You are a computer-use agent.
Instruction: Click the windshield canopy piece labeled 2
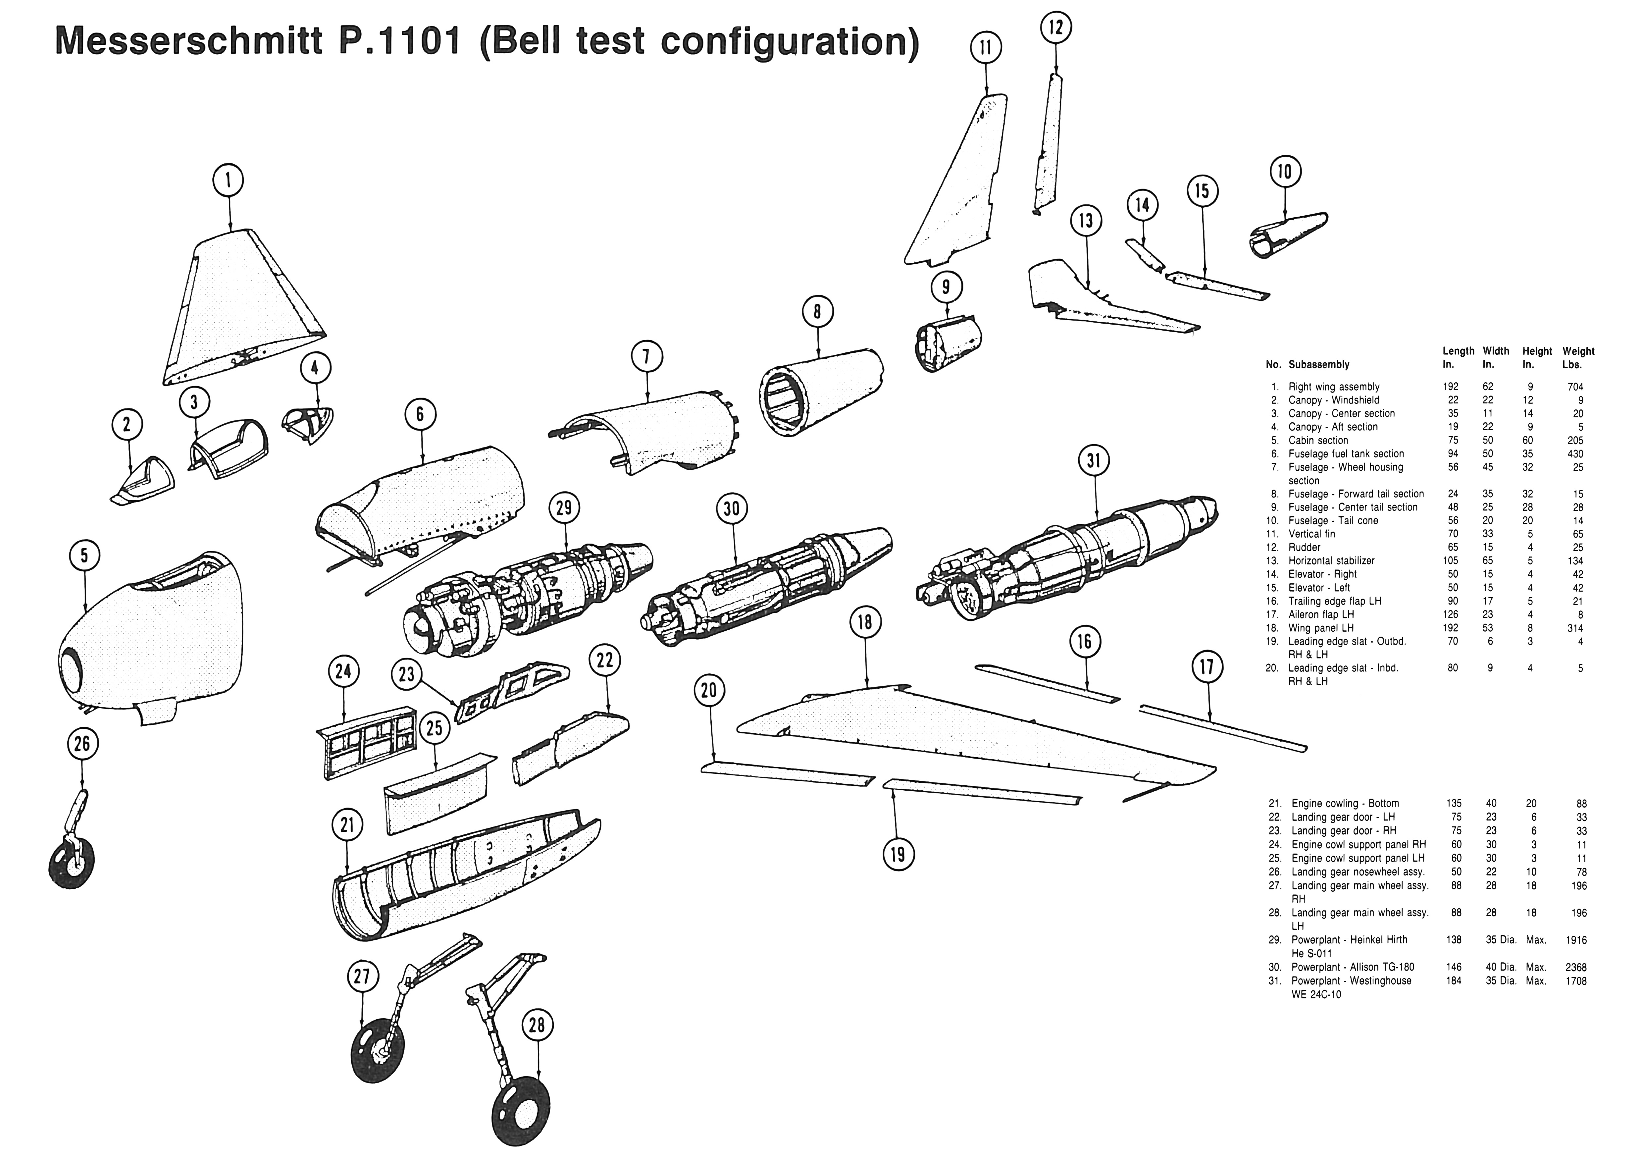point(143,479)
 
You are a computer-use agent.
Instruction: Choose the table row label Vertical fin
point(1312,534)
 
